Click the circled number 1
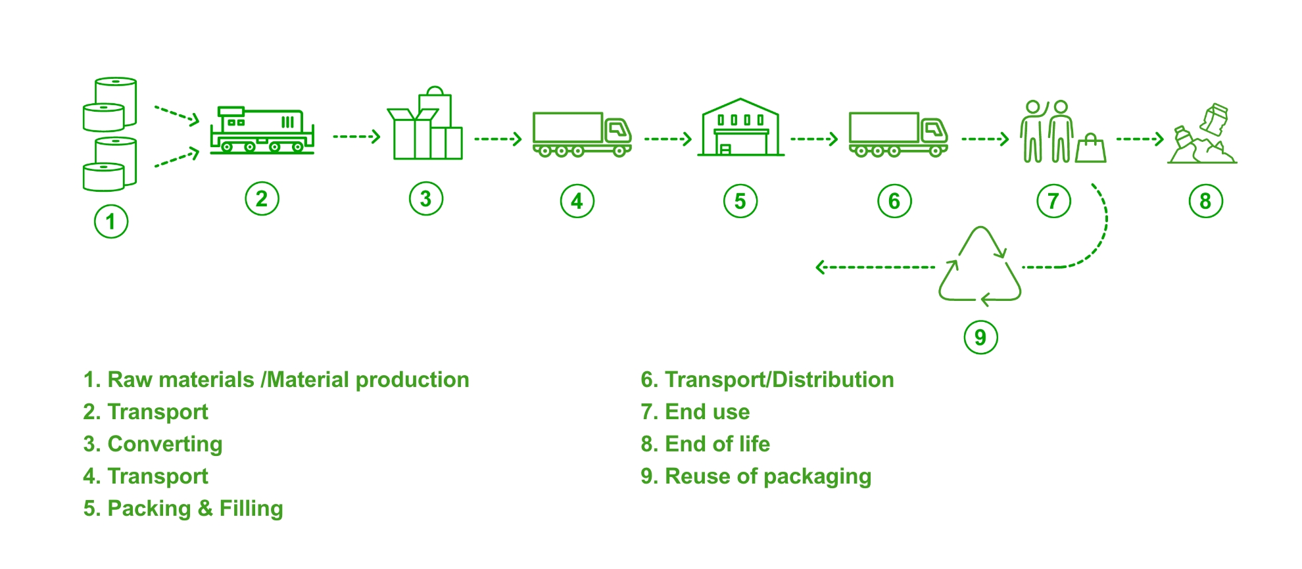click(110, 221)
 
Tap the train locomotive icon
click(262, 131)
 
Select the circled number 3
click(425, 198)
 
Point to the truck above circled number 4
click(581, 135)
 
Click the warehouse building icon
click(740, 129)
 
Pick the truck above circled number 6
click(898, 135)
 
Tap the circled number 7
click(1053, 201)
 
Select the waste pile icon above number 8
click(1202, 136)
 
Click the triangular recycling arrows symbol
click(980, 266)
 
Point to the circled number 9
click(980, 337)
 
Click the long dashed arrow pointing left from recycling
click(875, 267)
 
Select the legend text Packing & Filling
click(195, 509)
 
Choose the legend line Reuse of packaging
click(767, 476)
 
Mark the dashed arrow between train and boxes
click(356, 137)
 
